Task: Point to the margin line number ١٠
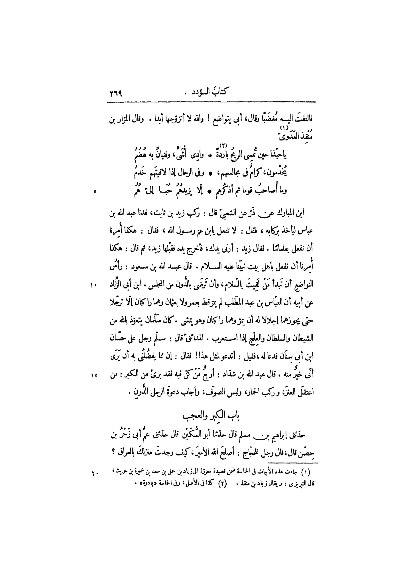pos(94,285)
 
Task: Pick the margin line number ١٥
pos(94,377)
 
